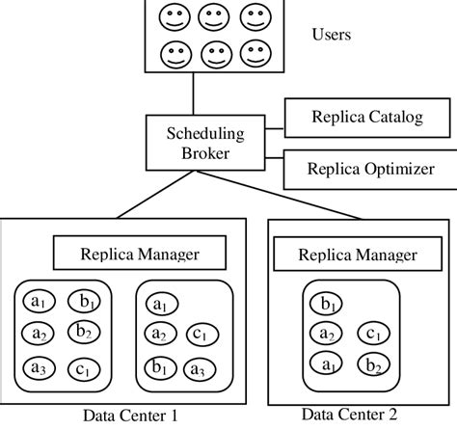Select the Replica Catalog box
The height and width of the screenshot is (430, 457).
354,120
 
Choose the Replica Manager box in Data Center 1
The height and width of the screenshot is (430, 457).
139,254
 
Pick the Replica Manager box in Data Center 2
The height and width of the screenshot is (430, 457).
360,255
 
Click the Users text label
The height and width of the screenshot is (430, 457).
331,36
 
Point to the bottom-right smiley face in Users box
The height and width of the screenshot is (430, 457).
254,50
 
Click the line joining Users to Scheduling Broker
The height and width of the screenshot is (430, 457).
194,94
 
